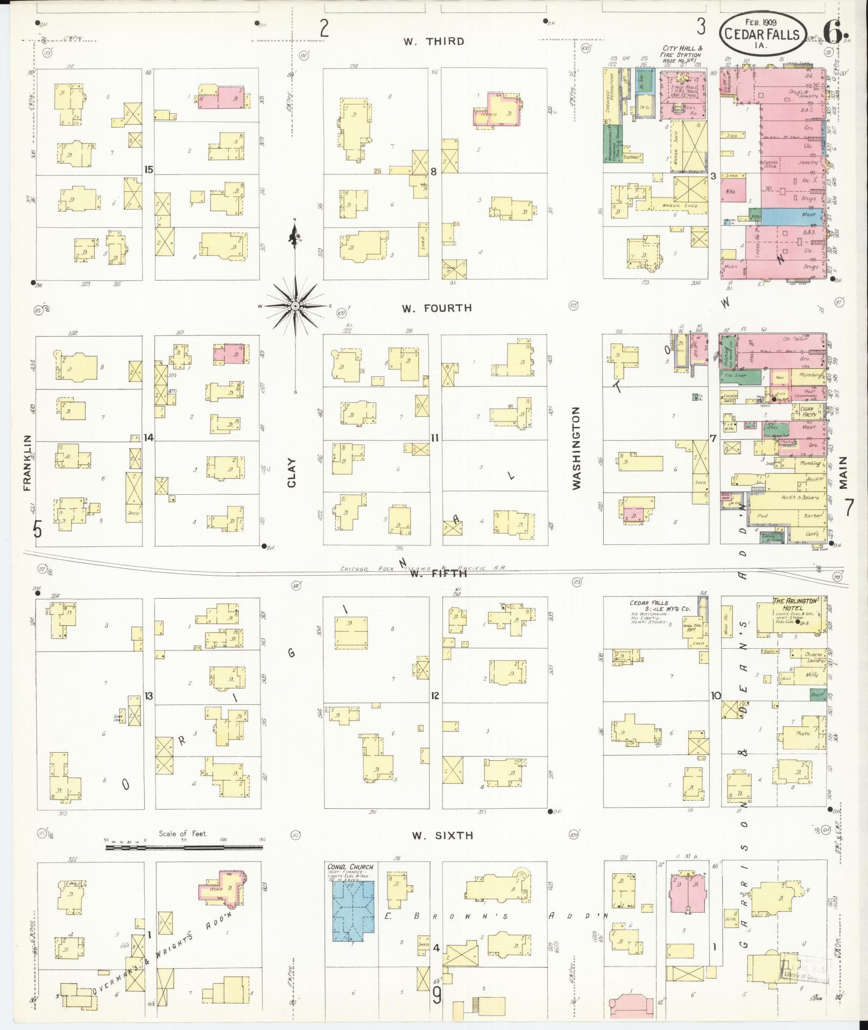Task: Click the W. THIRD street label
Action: (x=434, y=41)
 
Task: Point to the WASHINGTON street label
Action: (x=577, y=448)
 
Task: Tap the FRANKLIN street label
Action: (x=27, y=463)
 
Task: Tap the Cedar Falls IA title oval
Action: (x=763, y=33)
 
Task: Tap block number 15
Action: (x=149, y=170)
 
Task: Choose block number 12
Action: (x=435, y=696)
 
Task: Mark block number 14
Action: (x=149, y=437)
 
